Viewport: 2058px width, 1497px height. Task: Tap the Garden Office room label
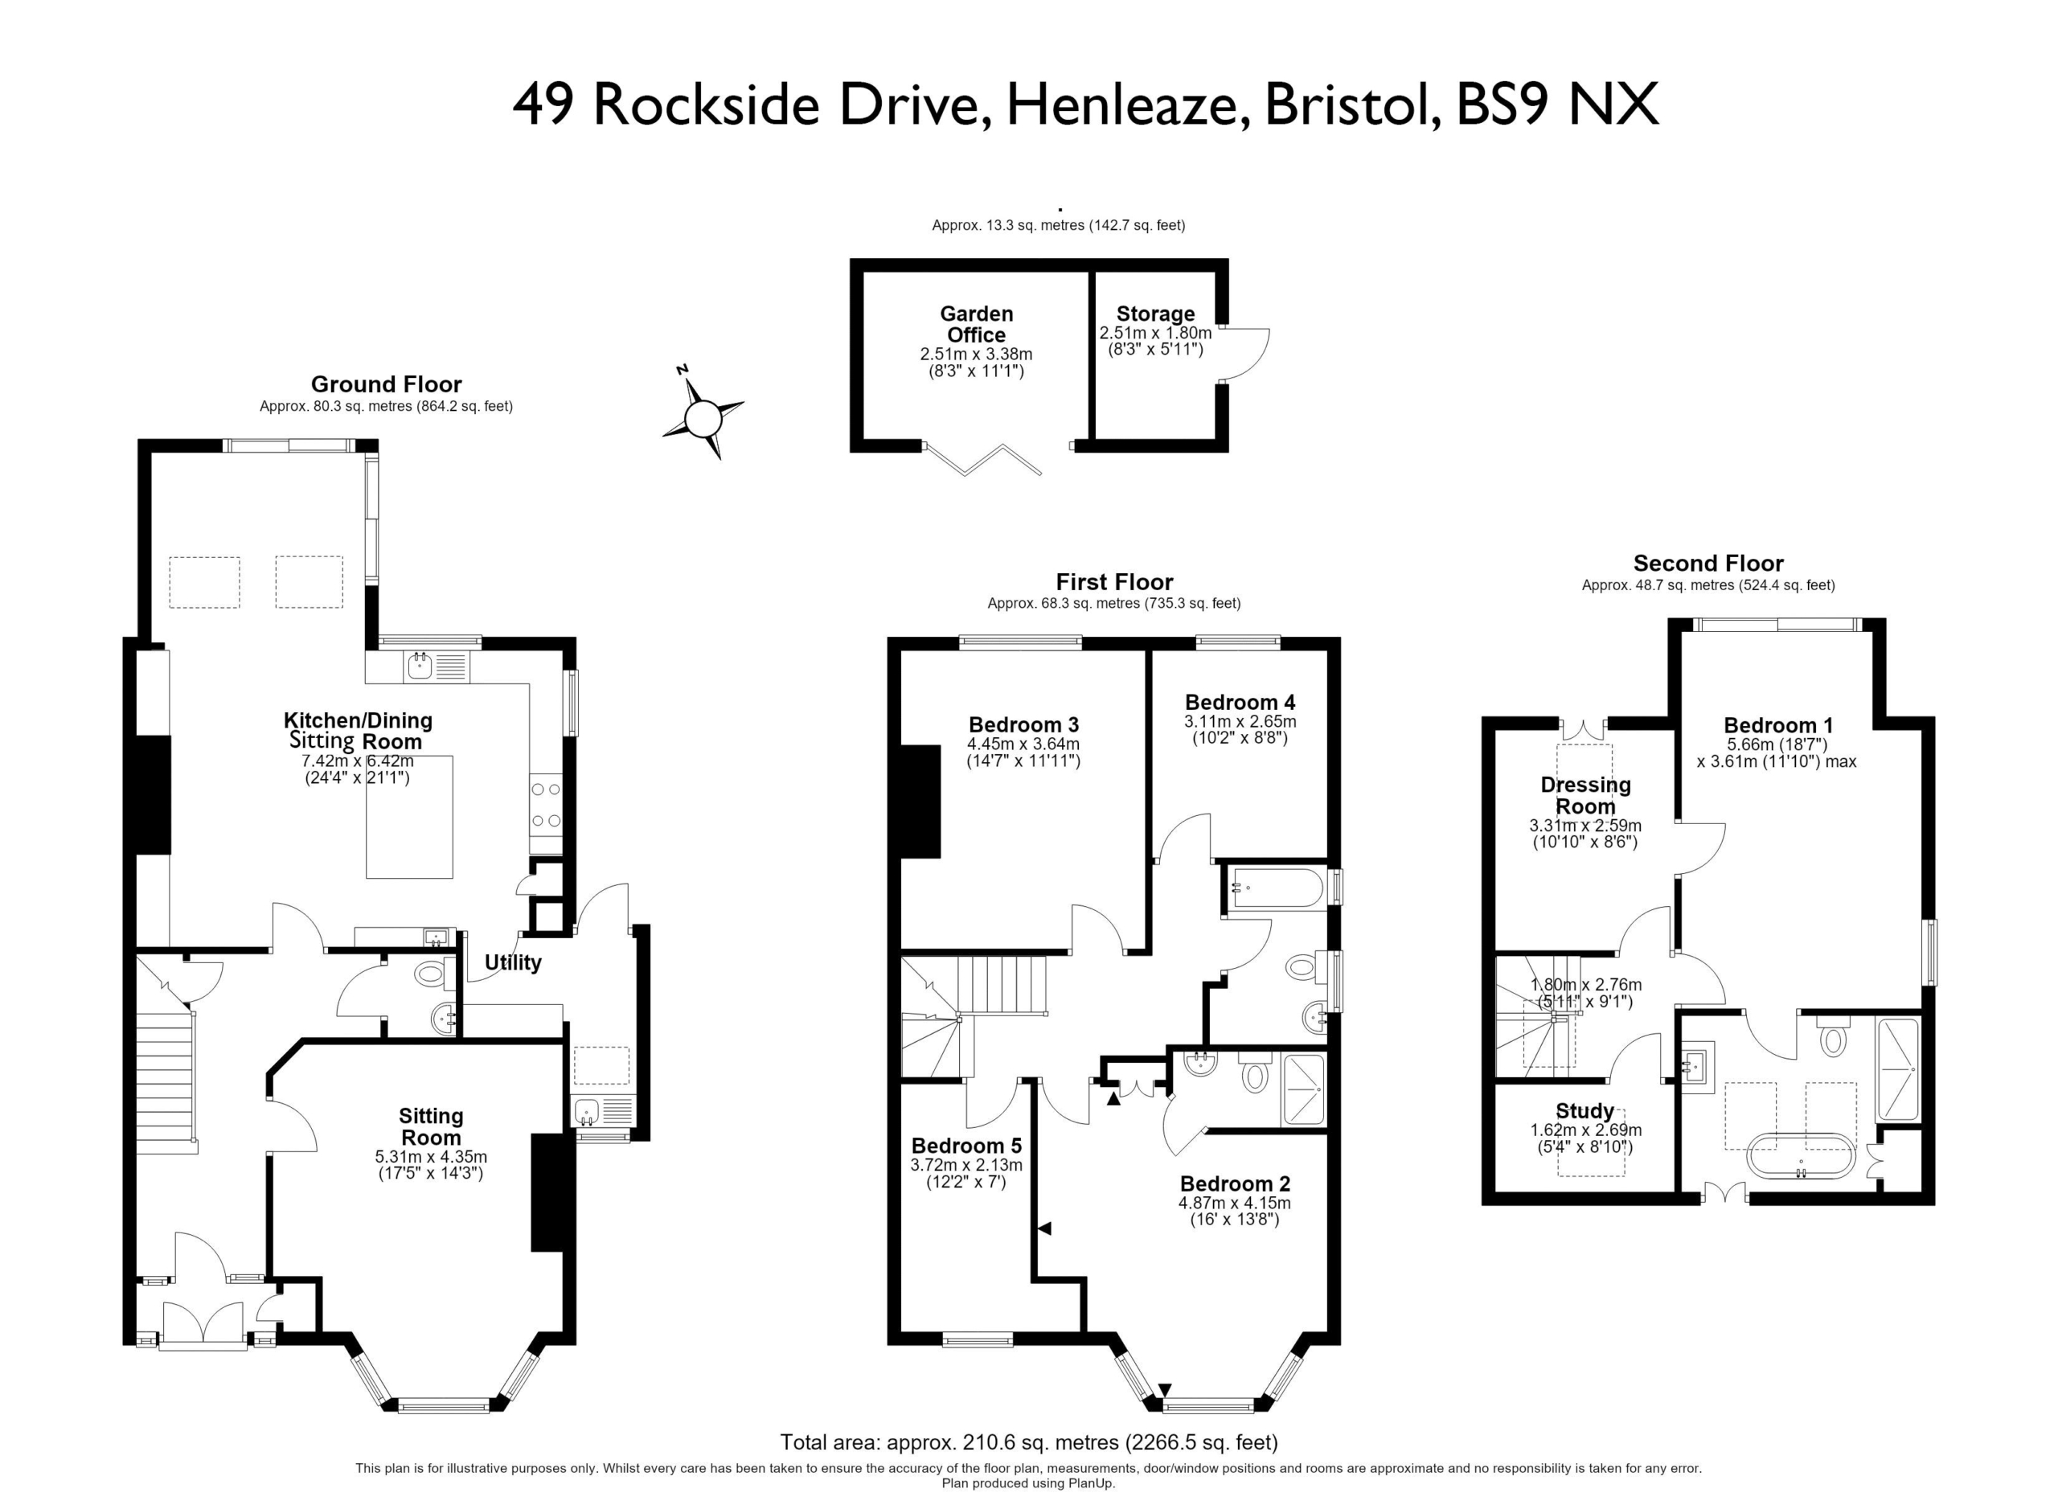[977, 324]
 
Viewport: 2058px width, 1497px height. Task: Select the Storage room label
[1155, 314]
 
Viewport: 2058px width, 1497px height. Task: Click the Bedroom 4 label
[1240, 702]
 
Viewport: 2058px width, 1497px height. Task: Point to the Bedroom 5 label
[966, 1146]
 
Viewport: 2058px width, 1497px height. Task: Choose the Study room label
[1584, 1111]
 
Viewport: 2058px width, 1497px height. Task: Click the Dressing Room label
[1585, 796]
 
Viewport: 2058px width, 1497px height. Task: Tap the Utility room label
[513, 962]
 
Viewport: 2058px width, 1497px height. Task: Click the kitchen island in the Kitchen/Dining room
[409, 818]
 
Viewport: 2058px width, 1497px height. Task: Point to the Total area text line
[1029, 1442]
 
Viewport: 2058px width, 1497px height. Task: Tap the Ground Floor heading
[387, 384]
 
